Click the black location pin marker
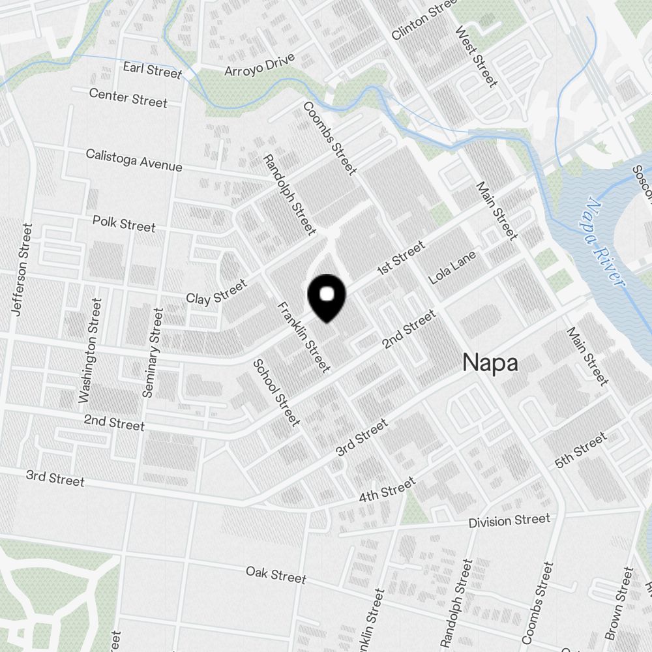point(326,297)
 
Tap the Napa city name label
point(490,363)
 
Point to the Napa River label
point(603,243)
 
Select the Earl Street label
point(152,70)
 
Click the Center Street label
point(128,98)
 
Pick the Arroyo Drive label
point(259,65)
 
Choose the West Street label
point(477,56)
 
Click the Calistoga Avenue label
point(134,160)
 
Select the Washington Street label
point(90,351)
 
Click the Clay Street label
point(216,291)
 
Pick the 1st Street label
point(401,258)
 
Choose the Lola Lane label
point(452,267)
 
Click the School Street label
point(276,393)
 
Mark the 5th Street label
point(580,451)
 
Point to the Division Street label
point(509,521)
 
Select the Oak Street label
point(276,575)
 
